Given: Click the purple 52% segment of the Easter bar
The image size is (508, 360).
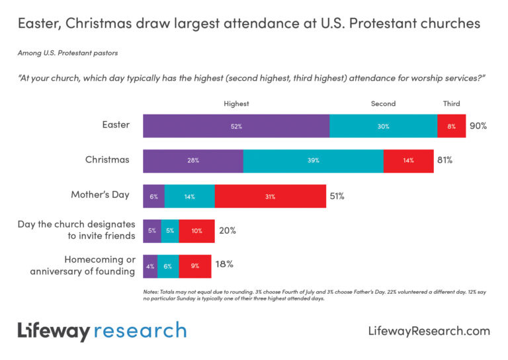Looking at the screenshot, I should click(236, 126).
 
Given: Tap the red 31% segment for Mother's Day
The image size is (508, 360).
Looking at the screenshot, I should click(270, 196).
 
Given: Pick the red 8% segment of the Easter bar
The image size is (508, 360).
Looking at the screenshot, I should click(451, 126).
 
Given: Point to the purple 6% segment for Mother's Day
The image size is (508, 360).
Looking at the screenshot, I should click(153, 196).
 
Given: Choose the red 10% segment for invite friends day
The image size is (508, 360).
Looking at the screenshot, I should click(196, 231).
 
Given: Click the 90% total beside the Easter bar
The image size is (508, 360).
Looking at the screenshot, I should click(478, 126).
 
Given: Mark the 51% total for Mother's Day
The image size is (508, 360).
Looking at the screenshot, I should click(337, 196).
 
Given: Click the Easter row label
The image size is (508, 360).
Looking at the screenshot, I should click(117, 125).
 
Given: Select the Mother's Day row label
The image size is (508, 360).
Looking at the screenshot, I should click(100, 195).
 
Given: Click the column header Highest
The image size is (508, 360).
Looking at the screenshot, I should click(236, 104).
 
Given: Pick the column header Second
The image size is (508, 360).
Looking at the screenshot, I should click(383, 104).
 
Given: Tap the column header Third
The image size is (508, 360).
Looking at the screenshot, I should click(451, 104).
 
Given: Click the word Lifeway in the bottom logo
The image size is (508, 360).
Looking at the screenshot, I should click(53, 330).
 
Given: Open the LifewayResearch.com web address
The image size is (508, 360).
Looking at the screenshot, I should click(428, 331).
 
